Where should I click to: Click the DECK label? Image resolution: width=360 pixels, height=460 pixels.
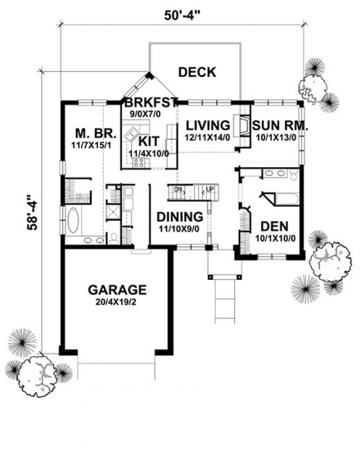click(x=197, y=72)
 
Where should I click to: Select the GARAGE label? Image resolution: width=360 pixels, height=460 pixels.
click(x=116, y=289)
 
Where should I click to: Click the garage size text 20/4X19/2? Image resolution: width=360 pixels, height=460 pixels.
click(x=116, y=301)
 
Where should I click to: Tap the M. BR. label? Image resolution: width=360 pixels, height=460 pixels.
click(x=90, y=133)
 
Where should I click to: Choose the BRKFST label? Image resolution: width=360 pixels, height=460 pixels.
click(x=151, y=101)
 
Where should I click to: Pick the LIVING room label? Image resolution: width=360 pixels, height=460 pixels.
click(x=206, y=125)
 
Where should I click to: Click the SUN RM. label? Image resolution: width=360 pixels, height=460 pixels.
click(x=279, y=125)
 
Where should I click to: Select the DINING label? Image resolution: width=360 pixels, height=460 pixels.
click(x=179, y=215)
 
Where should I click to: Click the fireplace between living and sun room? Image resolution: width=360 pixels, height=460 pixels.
click(x=244, y=125)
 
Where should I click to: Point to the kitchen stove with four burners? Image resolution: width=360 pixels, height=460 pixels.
click(x=138, y=163)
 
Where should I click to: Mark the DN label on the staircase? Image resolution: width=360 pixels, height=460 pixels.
click(x=179, y=189)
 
